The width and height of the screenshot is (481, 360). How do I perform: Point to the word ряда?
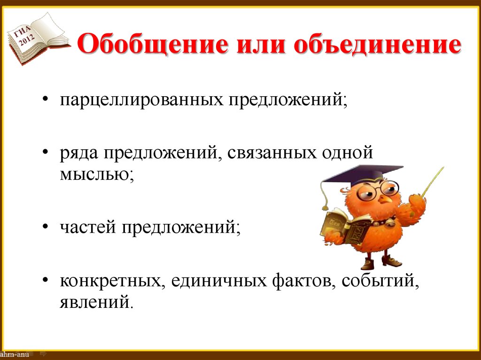point(78,153)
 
